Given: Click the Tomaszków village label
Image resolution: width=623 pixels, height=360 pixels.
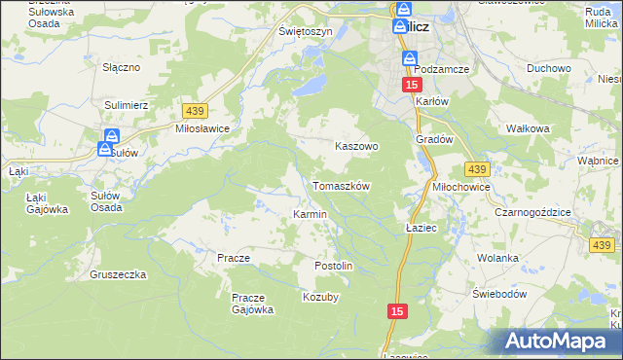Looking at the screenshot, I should point(341,185).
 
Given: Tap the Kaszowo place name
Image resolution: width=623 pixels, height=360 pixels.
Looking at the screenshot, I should point(356,145).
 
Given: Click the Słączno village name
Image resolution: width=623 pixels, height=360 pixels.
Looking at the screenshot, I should point(123,68).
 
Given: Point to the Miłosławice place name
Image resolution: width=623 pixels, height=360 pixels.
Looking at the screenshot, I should point(202,128).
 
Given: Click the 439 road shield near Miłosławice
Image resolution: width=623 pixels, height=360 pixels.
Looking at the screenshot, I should point(194,113).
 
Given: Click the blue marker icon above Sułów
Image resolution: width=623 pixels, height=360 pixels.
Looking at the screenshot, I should point(112,136).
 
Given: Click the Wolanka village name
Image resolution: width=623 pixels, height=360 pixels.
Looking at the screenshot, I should point(497,258).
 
